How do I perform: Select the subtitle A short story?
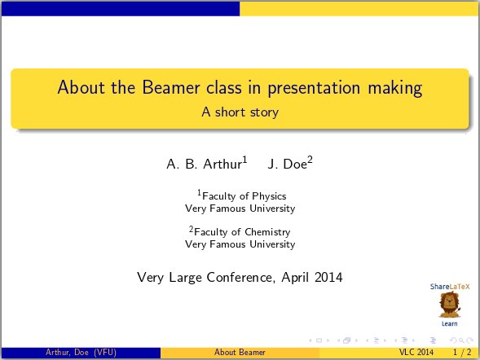point(240,112)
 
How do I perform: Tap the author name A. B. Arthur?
point(204,165)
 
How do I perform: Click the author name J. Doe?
point(287,165)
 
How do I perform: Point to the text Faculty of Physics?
point(244,196)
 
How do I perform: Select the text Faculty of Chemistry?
point(242,232)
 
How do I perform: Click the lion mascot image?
point(449,305)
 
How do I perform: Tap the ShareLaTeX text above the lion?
point(450,287)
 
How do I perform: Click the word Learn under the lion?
point(449,323)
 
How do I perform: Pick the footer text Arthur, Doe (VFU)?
point(80,353)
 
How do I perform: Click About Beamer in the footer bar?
point(240,353)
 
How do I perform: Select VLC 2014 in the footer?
point(416,353)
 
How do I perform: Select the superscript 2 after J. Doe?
point(310,160)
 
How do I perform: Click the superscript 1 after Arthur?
point(245,160)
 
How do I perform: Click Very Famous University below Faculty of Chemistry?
point(240,244)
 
